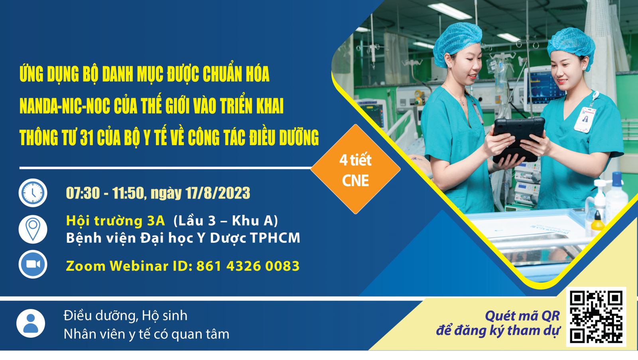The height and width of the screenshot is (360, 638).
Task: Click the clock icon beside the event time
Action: tap(33, 193)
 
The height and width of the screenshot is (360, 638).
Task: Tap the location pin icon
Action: tap(33, 229)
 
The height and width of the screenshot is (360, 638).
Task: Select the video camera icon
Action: tap(33, 264)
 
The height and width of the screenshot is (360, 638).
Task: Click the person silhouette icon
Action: tap(31, 323)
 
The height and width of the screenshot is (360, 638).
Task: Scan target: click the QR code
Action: tap(596, 317)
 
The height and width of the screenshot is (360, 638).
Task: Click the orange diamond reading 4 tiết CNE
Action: tap(355, 169)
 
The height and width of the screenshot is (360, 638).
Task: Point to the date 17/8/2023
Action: tap(218, 193)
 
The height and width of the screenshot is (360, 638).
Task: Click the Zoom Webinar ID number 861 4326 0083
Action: tap(248, 266)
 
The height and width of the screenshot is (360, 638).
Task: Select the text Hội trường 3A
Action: tap(115, 221)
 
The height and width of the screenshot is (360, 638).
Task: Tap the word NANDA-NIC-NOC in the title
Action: tap(65, 106)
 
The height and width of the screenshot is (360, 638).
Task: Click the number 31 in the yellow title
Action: tap(87, 138)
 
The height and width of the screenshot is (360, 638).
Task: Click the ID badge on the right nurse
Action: tap(585, 120)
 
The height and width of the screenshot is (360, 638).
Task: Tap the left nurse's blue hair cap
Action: tap(457, 43)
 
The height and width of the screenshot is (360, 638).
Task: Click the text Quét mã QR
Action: tap(522, 316)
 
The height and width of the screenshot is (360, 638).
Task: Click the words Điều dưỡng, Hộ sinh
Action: tap(125, 316)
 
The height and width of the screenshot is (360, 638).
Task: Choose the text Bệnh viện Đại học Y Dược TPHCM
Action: tap(183, 238)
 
